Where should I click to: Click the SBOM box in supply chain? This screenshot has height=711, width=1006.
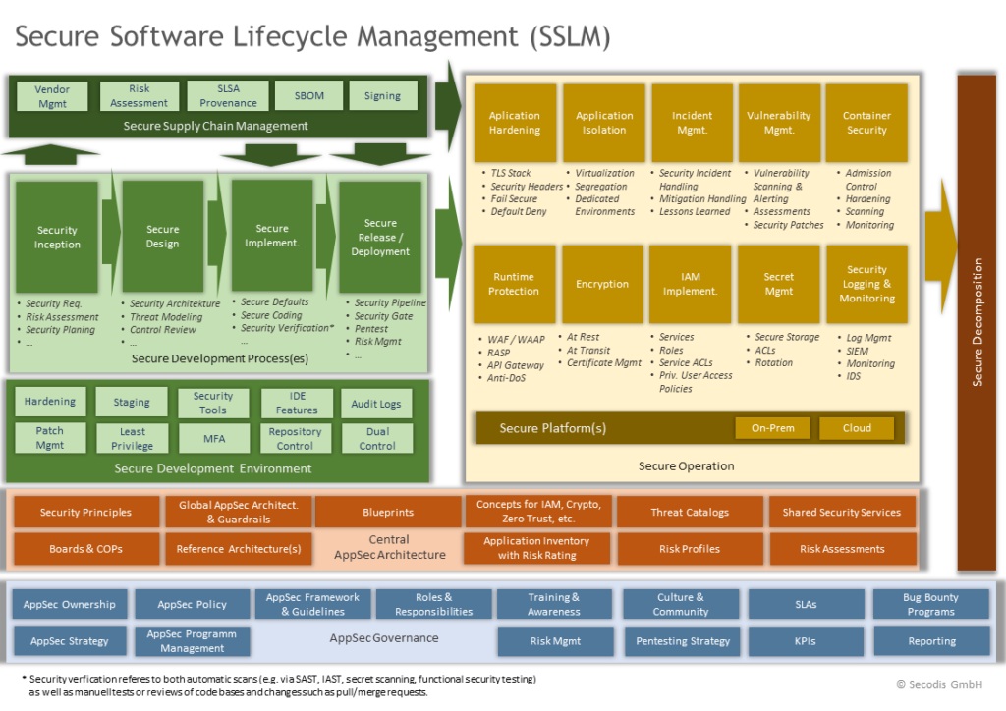tap(308, 96)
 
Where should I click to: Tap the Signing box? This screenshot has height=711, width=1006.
tap(382, 96)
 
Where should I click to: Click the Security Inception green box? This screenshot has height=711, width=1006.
tap(57, 237)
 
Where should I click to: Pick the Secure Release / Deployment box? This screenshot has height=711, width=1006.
tap(380, 237)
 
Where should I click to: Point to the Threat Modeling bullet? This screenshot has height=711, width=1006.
tap(168, 317)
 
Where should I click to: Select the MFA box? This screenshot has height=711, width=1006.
tap(213, 438)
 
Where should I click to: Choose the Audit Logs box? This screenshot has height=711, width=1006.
tap(376, 404)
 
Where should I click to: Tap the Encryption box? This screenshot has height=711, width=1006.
tap(602, 284)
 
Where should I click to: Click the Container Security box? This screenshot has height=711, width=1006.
tap(866, 123)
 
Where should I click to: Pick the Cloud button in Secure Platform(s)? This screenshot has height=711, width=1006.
tap(857, 428)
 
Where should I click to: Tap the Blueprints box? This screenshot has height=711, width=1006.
tap(388, 512)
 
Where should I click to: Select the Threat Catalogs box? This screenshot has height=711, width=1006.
tap(690, 512)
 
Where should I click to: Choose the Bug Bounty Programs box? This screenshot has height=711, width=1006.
tap(931, 604)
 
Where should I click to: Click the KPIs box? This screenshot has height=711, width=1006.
tap(807, 641)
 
